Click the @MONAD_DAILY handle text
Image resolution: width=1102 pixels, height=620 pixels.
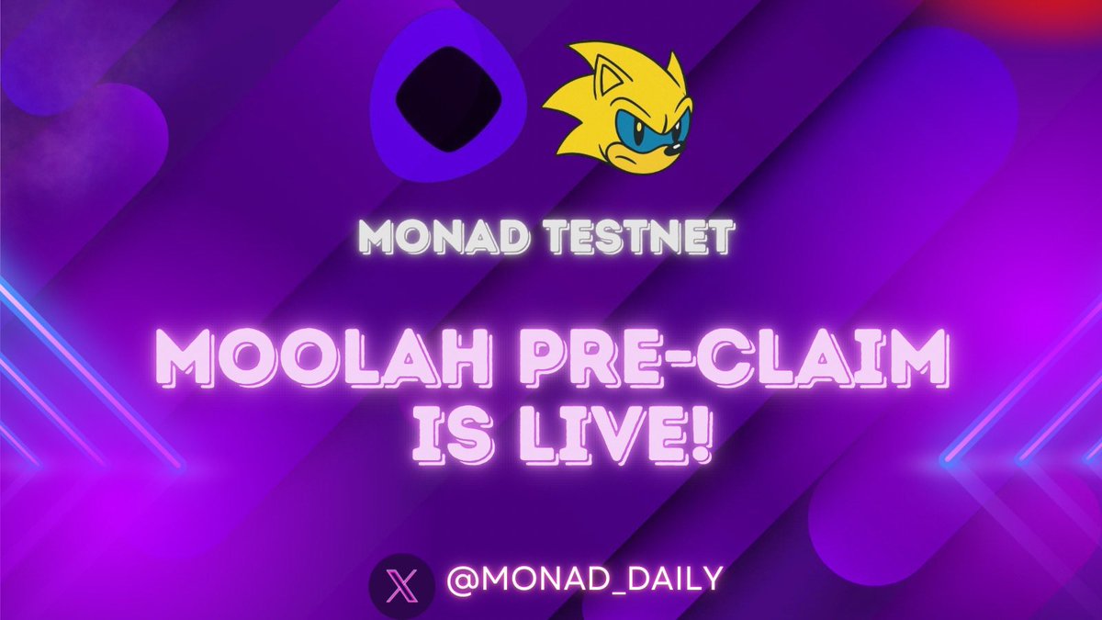click(x=584, y=579)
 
